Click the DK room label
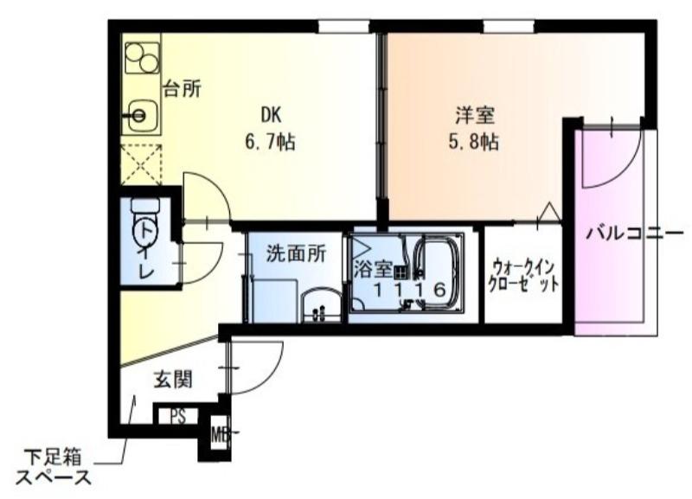(271, 113)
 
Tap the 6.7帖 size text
(271, 142)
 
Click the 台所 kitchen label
(183, 89)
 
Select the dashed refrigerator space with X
(141, 163)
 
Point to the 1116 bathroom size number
(409, 291)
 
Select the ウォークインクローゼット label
(523, 275)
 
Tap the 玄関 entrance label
(173, 378)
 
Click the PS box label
(177, 417)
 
